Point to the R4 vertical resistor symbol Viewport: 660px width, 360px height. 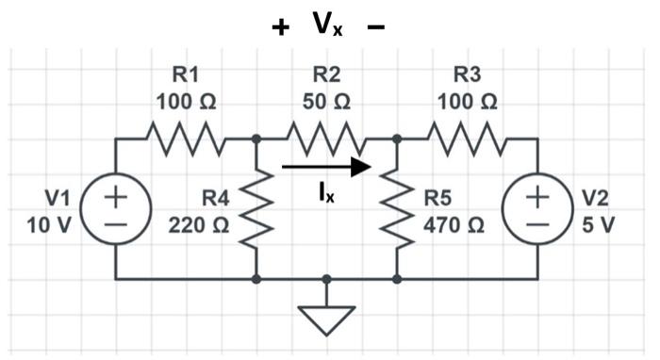point(256,209)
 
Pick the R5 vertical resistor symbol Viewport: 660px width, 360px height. point(397,209)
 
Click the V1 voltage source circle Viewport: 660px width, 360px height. point(116,209)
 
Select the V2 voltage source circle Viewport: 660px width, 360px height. point(536,209)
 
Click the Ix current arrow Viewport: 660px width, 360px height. point(326,168)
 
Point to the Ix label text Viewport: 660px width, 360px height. point(325,193)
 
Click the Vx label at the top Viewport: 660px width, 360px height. point(327,25)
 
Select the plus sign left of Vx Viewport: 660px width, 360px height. point(280,27)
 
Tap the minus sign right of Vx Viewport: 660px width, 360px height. point(375,27)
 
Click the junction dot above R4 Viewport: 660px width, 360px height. point(256,139)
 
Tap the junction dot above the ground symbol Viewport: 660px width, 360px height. point(326,280)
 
